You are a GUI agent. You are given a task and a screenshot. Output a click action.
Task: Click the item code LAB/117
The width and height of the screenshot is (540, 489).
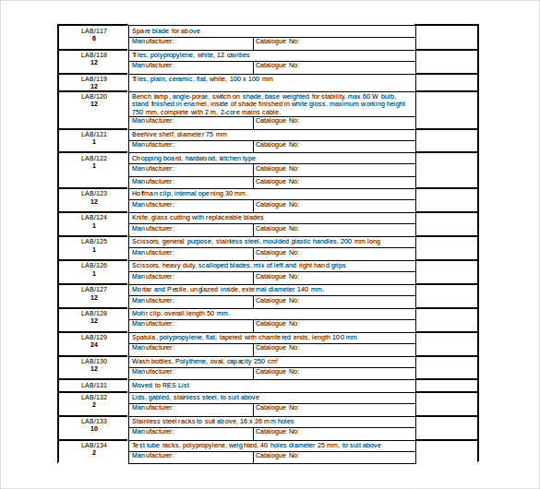point(94,31)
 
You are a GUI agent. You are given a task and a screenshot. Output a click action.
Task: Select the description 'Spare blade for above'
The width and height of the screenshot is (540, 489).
point(166,31)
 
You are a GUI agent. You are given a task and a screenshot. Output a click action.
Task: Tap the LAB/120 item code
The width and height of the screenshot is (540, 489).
point(94,96)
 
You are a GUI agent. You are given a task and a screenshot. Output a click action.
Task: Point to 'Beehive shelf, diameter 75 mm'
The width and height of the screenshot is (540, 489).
point(179,135)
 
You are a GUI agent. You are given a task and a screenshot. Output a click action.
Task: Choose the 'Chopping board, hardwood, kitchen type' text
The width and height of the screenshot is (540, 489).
point(194,159)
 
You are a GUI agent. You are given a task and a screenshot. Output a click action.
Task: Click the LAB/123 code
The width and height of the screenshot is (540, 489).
point(94,193)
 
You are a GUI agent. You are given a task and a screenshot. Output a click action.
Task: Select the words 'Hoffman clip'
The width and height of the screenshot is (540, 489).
point(151,193)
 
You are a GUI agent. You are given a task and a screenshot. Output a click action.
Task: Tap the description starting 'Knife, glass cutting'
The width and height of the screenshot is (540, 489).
point(198,218)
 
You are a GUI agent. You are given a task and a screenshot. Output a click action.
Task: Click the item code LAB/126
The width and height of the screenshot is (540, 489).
point(94,266)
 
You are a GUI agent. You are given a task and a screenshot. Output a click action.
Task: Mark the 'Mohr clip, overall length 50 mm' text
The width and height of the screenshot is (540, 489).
point(181,314)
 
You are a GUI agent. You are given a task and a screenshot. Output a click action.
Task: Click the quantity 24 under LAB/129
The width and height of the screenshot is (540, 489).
point(94,345)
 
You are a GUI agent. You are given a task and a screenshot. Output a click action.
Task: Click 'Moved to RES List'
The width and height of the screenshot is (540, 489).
point(161,386)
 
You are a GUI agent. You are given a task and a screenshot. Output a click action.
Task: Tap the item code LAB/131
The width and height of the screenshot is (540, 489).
point(94,386)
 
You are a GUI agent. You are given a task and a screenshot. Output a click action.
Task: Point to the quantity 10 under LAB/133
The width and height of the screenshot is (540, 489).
point(94,429)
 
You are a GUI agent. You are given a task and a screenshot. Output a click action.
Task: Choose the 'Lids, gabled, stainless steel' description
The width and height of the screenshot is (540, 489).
point(196,398)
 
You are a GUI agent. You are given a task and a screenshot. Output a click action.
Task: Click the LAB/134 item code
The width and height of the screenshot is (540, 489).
point(94,445)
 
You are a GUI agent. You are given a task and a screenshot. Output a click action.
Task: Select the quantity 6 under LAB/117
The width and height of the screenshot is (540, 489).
point(94,39)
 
